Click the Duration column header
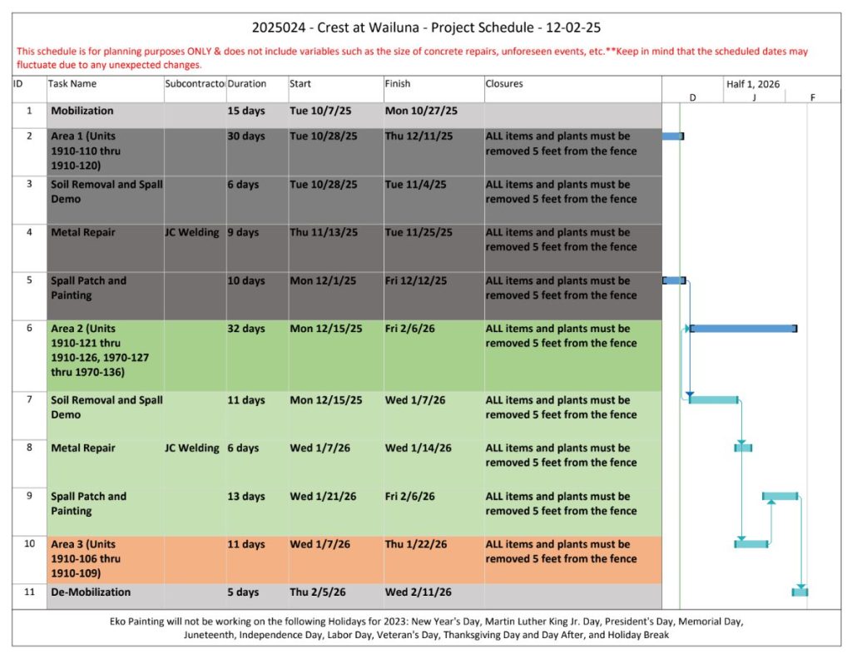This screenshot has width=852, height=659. [247, 84]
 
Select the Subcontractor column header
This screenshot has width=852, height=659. [195, 84]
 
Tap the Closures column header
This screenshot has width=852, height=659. [504, 84]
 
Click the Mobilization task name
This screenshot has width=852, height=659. [82, 111]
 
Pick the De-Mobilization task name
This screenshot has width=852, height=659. [91, 592]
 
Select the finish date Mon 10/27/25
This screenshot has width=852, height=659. [421, 111]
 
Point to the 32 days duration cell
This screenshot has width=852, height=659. [246, 329]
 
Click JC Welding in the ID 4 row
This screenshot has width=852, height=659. [192, 233]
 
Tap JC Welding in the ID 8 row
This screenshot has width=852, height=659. [192, 448]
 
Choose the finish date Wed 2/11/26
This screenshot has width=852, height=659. [419, 592]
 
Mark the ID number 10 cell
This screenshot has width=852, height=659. [29, 544]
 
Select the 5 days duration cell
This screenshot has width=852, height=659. [243, 592]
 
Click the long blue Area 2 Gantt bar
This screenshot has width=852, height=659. [742, 329]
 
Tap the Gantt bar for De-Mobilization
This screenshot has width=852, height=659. [800, 592]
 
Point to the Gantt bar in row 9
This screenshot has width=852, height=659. [780, 496]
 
